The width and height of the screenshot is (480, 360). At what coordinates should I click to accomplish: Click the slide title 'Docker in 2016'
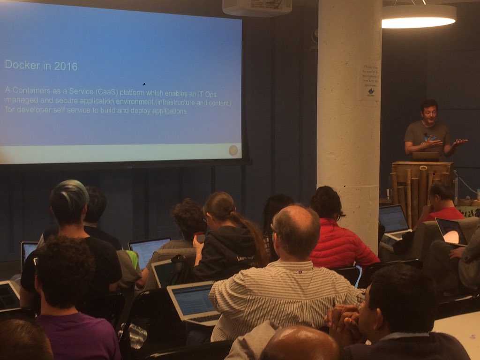[41, 65]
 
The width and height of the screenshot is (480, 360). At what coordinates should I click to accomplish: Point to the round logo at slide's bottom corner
[233, 150]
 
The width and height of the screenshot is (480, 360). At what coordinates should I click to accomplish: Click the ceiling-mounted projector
[257, 7]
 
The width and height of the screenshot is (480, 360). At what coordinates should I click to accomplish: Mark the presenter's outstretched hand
[459, 142]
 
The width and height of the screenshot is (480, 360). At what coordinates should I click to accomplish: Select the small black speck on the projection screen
[143, 84]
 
